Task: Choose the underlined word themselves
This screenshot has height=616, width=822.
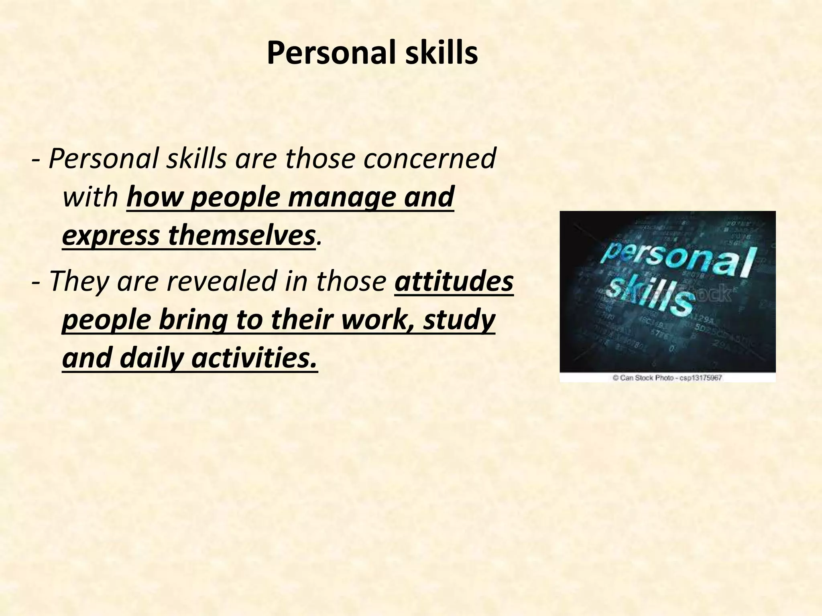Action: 241,236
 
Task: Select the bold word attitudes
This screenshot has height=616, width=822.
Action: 454,281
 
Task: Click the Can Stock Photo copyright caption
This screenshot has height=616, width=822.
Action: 667,378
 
